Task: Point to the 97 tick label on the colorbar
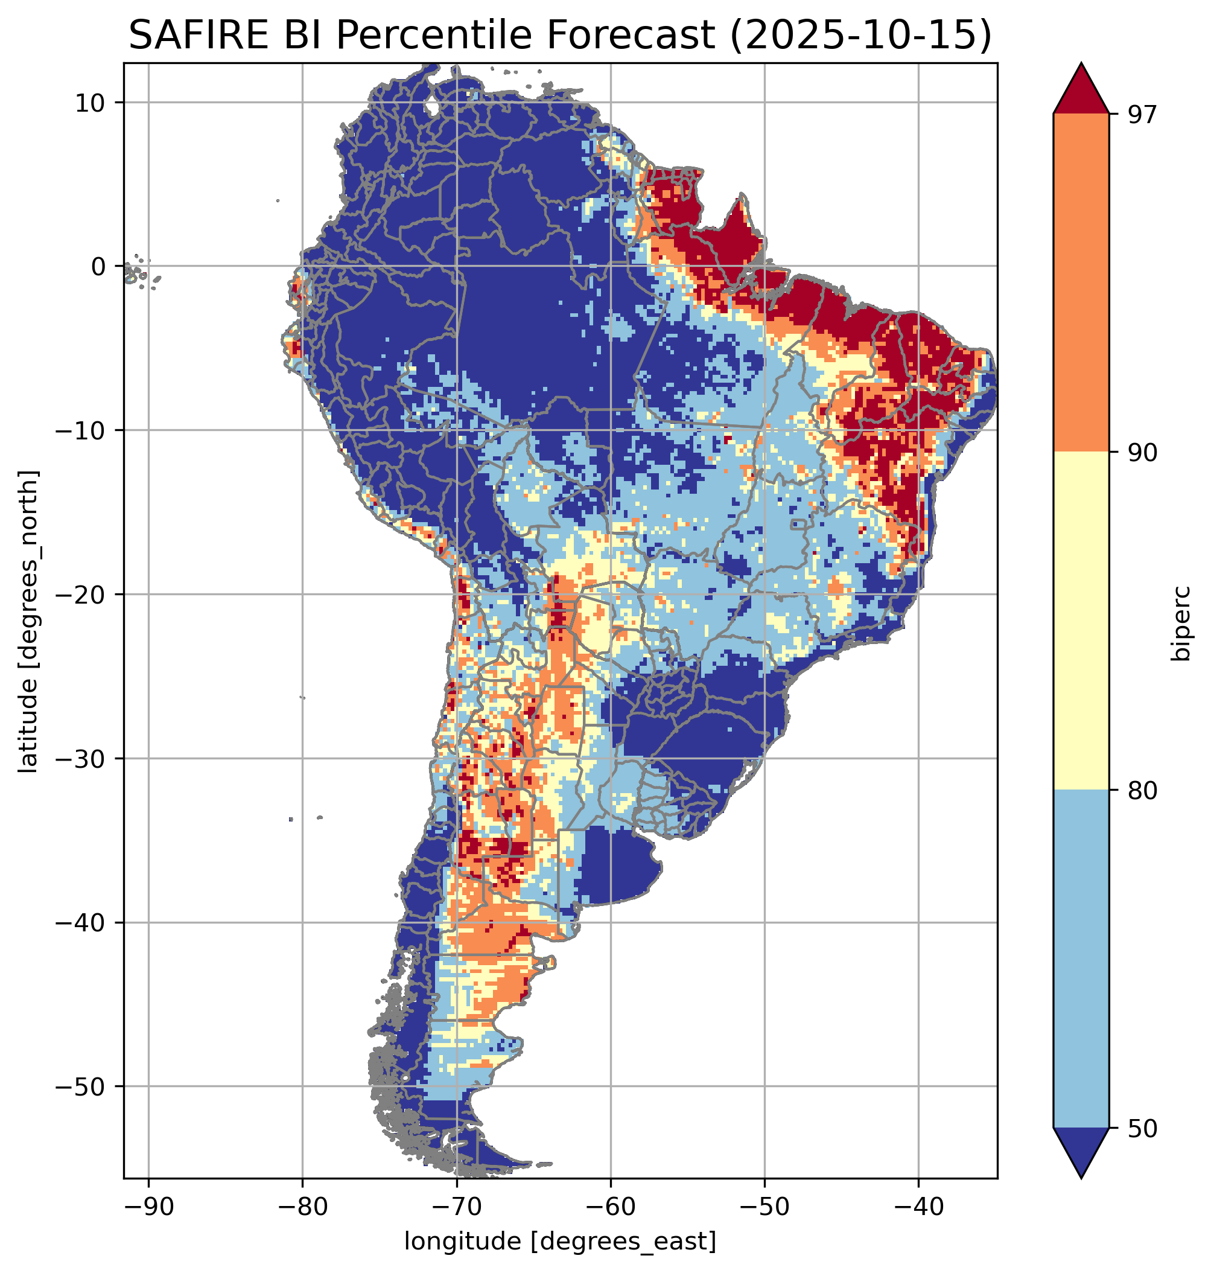1143,115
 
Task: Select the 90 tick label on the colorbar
1143,453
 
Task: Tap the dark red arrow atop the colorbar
1081,91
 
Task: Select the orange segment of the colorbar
1081,283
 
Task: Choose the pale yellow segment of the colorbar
1081,620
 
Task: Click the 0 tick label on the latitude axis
99,267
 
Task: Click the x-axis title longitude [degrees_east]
561,1242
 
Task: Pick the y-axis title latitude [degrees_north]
28,621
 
